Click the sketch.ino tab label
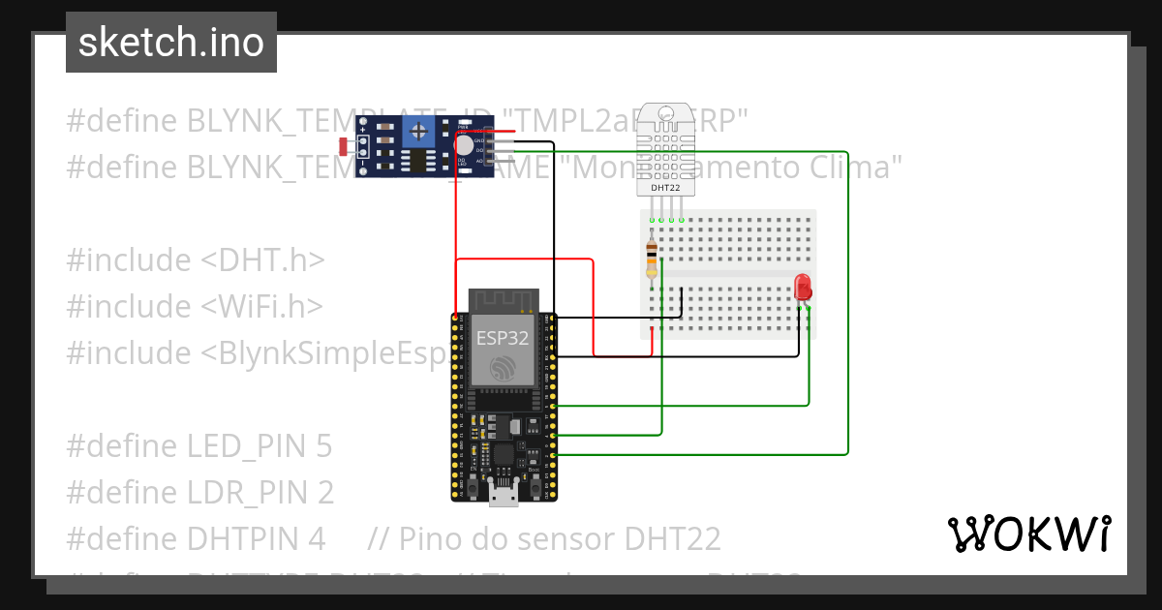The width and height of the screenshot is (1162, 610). [170, 43]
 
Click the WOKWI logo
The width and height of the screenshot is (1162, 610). [1027, 534]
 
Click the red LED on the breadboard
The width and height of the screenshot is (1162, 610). [802, 288]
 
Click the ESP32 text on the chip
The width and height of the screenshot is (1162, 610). [503, 338]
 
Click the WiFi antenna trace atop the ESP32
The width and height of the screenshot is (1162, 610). [503, 299]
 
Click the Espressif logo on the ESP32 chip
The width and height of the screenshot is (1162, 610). [503, 369]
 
